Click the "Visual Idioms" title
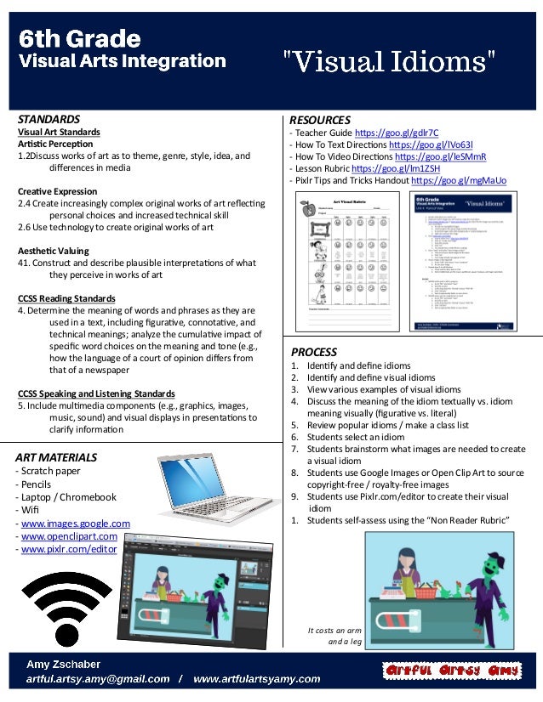tap(389, 61)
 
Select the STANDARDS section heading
tap(49, 119)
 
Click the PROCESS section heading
tap(314, 352)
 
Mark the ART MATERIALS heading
tap(56, 457)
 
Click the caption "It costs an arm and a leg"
tap(338, 637)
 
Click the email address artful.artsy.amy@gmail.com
tap(98, 679)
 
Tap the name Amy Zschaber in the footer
tap(64, 664)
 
